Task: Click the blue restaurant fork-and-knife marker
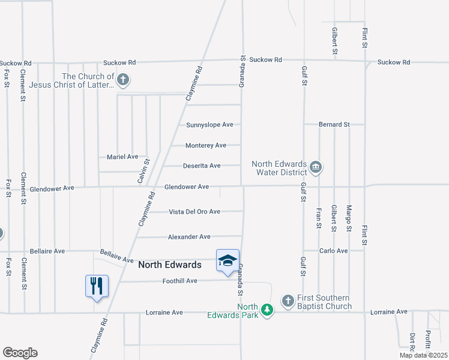click(x=97, y=286)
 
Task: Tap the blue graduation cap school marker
click(x=228, y=260)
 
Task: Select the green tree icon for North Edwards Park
click(x=267, y=310)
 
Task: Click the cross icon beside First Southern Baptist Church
click(x=288, y=300)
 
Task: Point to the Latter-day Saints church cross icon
click(x=123, y=80)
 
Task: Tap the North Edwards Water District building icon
click(x=316, y=167)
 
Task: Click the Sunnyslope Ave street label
click(x=209, y=125)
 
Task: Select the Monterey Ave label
click(x=205, y=145)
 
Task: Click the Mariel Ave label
click(x=122, y=157)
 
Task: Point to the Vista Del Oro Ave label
click(x=194, y=212)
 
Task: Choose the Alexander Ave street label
click(x=189, y=237)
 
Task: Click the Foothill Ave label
click(x=179, y=281)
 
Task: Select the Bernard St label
click(x=334, y=125)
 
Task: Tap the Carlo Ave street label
click(x=334, y=251)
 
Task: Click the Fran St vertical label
click(x=319, y=218)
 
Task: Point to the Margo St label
click(x=349, y=218)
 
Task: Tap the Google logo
click(x=20, y=353)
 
